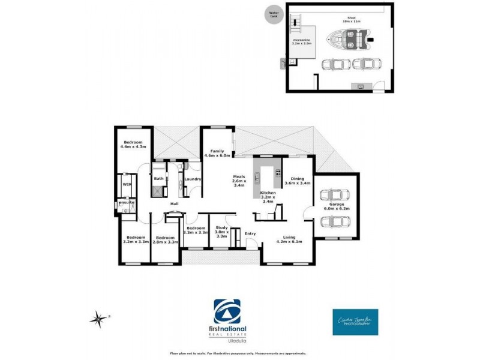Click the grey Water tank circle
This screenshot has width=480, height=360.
click(x=275, y=14)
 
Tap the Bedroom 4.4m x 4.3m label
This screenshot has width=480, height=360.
click(x=134, y=145)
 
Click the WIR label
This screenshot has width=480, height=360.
click(x=127, y=185)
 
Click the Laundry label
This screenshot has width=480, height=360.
click(x=193, y=179)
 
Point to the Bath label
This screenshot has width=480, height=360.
click(x=158, y=178)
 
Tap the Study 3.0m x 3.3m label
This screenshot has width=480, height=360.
click(x=221, y=231)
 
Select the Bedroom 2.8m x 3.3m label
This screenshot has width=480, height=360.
click(x=165, y=239)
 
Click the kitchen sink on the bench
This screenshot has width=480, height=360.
click(x=256, y=178)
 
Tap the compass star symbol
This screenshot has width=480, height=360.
click(x=98, y=319)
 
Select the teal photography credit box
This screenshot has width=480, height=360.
click(x=355, y=322)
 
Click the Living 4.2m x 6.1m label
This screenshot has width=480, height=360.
click(x=289, y=239)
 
